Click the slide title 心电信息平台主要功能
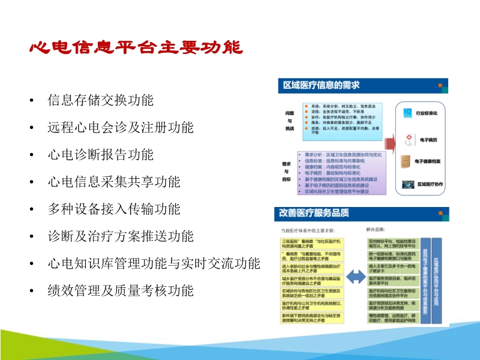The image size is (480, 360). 136,48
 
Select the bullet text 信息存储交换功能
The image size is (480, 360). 101,100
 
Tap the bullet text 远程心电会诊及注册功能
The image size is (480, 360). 121,127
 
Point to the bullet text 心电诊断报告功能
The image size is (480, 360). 101,154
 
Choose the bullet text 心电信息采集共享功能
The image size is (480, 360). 114,182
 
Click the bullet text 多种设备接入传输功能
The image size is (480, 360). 114,209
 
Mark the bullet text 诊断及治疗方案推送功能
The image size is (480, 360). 121,236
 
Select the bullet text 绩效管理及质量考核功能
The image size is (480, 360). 121,291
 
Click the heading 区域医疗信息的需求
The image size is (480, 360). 321,86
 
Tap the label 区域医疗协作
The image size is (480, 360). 430,185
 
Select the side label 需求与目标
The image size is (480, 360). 286,171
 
